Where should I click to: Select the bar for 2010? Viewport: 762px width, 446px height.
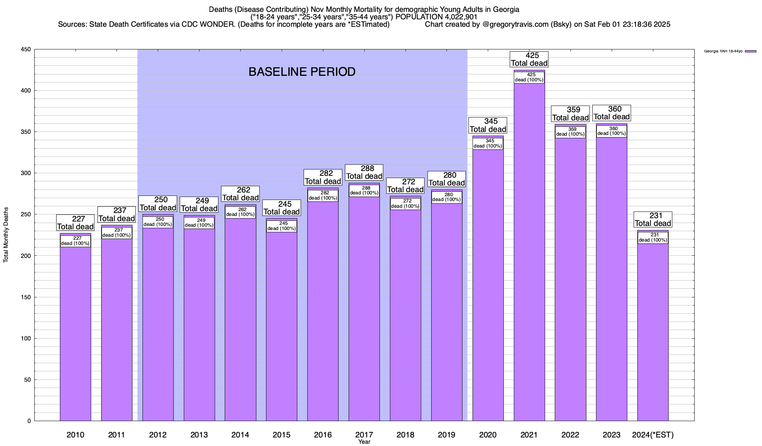[x=76, y=334]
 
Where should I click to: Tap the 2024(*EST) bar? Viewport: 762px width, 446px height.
[x=653, y=334]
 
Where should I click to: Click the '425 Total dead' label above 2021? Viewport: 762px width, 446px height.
[x=529, y=59]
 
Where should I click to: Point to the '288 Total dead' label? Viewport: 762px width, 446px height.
[x=364, y=172]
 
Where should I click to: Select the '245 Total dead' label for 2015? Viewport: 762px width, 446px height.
[x=281, y=208]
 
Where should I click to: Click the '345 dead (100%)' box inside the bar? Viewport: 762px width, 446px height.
[x=488, y=143]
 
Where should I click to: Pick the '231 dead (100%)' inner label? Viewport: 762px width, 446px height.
[x=653, y=237]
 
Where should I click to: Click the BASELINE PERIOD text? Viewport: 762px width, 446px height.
[x=302, y=72]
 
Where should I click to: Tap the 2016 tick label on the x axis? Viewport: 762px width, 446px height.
[x=323, y=434]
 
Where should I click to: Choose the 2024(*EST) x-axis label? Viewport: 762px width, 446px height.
[x=653, y=434]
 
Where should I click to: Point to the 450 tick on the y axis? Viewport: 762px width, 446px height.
[x=26, y=49]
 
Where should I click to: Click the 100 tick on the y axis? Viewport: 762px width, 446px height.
[x=26, y=338]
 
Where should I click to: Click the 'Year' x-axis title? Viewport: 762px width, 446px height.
[x=364, y=442]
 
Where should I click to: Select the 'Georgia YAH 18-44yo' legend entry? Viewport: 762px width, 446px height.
[x=723, y=51]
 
